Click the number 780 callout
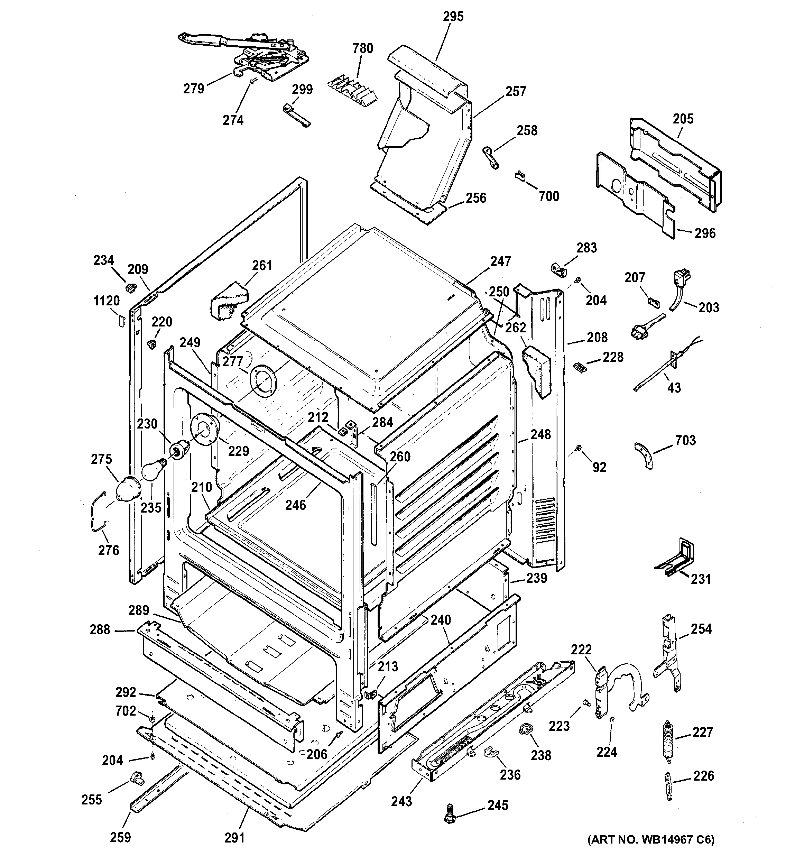pos(362,48)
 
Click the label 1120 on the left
pos(106,301)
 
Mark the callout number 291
pos(234,837)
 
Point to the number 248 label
pos(540,434)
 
